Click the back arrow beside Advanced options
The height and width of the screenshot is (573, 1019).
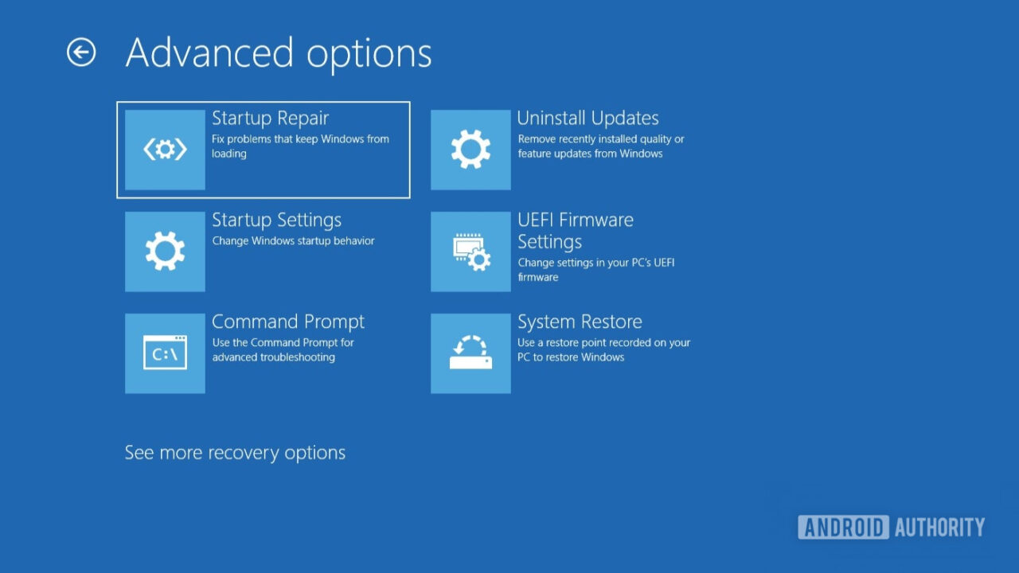click(81, 53)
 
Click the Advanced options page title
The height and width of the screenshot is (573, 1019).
click(279, 53)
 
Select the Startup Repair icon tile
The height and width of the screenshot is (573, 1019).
click(165, 150)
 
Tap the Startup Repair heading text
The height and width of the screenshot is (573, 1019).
click(270, 119)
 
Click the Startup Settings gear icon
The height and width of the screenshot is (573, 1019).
click(165, 251)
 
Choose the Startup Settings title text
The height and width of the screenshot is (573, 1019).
click(276, 220)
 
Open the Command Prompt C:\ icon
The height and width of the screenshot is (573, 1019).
click(165, 353)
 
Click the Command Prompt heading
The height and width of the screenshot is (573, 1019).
click(287, 322)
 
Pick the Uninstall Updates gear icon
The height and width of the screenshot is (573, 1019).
click(470, 150)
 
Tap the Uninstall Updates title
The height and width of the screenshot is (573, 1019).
click(588, 119)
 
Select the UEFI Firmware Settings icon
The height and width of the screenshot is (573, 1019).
click(470, 251)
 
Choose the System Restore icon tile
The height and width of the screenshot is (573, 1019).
click(470, 353)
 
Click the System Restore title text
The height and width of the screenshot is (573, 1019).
click(580, 322)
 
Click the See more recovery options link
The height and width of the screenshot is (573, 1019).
click(235, 453)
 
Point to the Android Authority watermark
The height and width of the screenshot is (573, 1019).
click(891, 527)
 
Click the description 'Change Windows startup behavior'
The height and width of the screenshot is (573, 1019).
click(293, 241)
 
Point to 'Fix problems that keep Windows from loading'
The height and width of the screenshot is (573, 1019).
click(300, 146)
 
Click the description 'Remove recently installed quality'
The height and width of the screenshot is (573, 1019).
click(600, 139)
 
